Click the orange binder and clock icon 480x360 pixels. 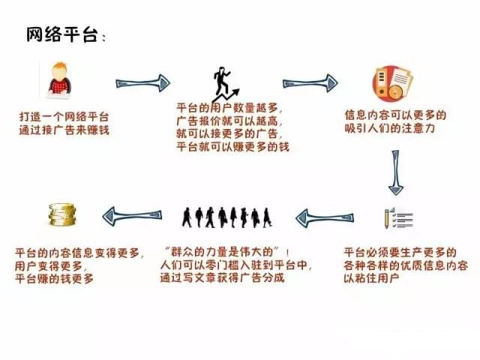click(x=391, y=84)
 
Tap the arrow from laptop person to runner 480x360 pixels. click(x=143, y=80)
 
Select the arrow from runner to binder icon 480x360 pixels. click(x=310, y=80)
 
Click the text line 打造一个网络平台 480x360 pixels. click(x=64, y=118)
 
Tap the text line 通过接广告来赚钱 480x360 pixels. click(x=64, y=131)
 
